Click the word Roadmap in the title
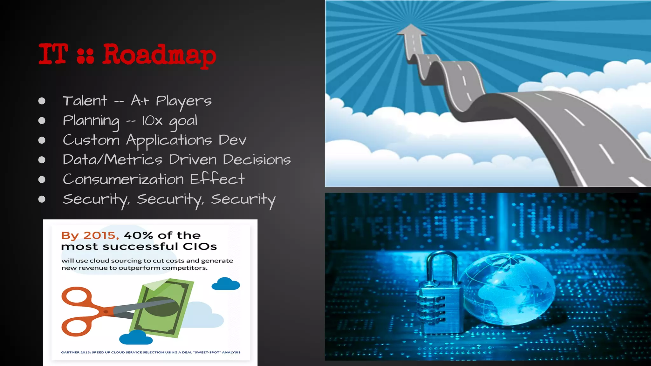(159, 55)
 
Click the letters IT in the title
(53, 54)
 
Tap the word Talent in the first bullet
(85, 101)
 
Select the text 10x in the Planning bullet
(152, 121)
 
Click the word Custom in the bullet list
(91, 140)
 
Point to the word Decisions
(257, 159)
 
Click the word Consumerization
(123, 179)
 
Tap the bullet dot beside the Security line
(42, 199)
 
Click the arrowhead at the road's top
(411, 30)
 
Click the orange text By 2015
(90, 235)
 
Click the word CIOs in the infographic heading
(200, 247)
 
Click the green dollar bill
(164, 307)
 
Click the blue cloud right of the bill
(226, 284)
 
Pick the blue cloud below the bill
(136, 337)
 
